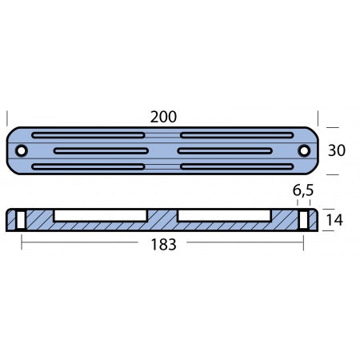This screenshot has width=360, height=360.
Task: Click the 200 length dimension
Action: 163,117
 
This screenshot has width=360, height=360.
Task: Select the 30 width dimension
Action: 337,150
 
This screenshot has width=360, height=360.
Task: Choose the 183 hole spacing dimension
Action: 163,245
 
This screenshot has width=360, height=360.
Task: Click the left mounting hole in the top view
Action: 21,151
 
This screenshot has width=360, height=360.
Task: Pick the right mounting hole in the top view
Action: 304,151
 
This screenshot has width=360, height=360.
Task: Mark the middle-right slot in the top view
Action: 226,151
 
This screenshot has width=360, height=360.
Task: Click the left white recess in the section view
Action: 101,215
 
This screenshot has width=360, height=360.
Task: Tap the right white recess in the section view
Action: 224,215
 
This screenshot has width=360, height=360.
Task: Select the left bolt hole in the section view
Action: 22,219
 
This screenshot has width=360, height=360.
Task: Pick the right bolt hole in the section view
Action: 304,219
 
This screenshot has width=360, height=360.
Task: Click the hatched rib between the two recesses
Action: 163,217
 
